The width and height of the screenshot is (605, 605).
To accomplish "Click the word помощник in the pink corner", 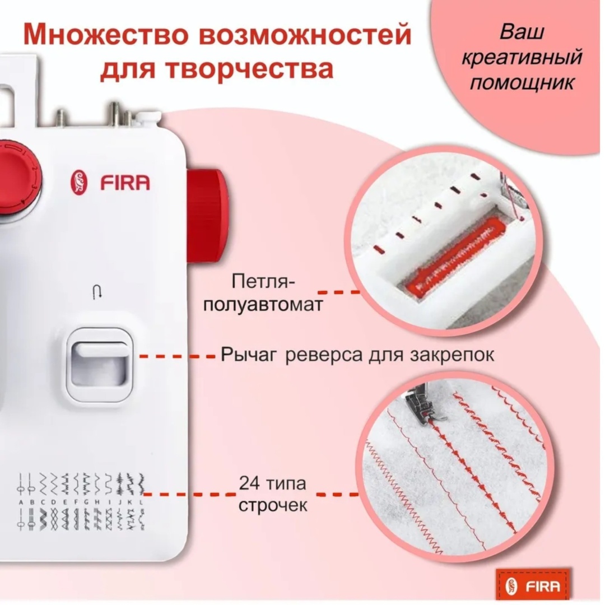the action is tap(522, 82).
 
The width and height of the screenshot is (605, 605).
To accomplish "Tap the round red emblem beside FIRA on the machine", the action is tap(79, 182).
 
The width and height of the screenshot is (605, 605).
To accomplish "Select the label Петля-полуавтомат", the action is tap(263, 293).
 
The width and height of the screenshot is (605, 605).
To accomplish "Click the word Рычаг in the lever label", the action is tap(249, 355).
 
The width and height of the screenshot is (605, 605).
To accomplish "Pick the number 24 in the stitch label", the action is tap(250, 483).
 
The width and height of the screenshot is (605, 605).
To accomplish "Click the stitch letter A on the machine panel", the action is tap(21, 502).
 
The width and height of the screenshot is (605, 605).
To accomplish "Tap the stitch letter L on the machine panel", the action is tap(142, 502).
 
